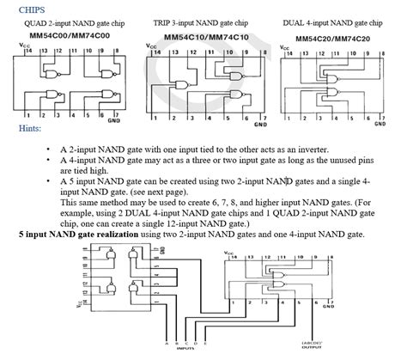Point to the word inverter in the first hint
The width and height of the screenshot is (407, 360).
pyautogui.click(x=307, y=149)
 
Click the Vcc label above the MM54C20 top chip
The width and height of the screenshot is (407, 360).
pyautogui.click(x=282, y=52)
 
